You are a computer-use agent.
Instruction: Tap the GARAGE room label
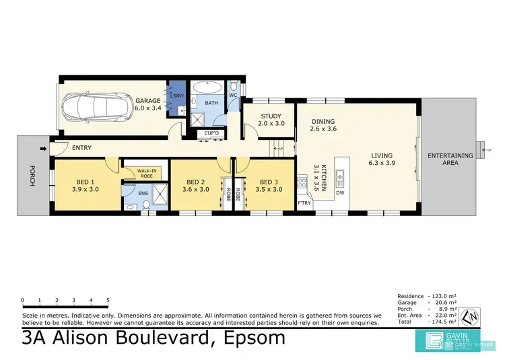click(x=147, y=101)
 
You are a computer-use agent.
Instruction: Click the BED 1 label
click(x=85, y=182)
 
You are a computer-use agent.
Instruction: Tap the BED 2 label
click(x=195, y=182)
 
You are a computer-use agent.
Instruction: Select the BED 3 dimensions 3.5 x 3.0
click(x=269, y=190)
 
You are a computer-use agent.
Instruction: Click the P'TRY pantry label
click(x=304, y=202)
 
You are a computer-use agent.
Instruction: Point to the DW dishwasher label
click(x=340, y=194)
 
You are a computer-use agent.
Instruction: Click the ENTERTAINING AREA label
click(x=450, y=159)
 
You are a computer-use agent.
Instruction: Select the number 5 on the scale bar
click(x=108, y=300)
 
